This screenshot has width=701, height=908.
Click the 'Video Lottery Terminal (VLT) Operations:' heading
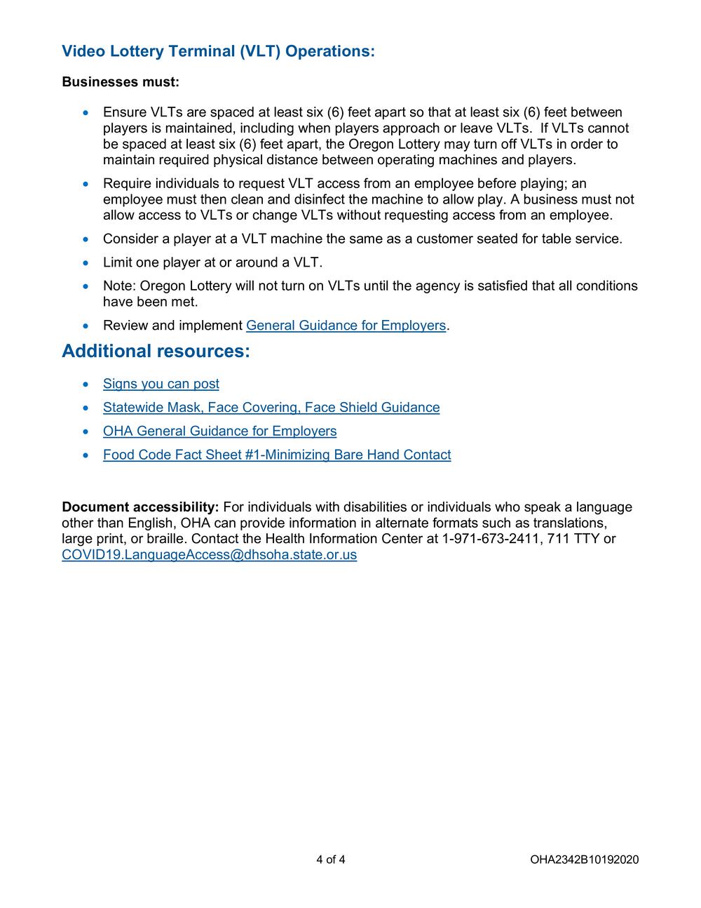pos(218,51)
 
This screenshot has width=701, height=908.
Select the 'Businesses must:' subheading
pos(121,82)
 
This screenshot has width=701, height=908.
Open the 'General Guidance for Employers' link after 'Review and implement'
pos(346,326)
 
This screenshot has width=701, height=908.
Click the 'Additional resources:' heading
pos(156,351)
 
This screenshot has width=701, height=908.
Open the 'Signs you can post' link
pos(161,384)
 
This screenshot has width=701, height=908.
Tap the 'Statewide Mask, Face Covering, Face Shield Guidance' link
pos(271,408)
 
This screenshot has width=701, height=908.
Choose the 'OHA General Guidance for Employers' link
pos(219,431)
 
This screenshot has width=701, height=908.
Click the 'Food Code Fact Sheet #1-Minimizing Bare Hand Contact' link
pos(277,455)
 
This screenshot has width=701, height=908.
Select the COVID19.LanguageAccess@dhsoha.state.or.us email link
pos(209,555)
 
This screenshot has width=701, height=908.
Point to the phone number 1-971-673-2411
pos(484,539)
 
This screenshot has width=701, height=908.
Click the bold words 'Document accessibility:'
pos(140,507)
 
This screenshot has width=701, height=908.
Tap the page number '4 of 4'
pos(331,860)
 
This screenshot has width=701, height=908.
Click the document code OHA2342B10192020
pos(584,860)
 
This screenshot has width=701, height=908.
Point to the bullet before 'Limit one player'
pos(86,263)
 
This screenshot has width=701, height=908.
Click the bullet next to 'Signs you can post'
pos(86,385)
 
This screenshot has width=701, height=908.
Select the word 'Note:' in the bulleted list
pos(120,286)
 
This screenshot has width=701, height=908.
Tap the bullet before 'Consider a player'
pos(86,239)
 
